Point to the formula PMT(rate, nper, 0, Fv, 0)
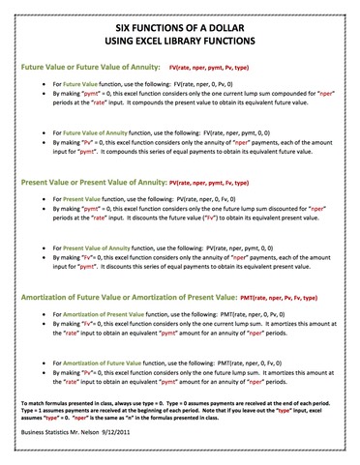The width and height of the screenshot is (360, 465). (x=250, y=362)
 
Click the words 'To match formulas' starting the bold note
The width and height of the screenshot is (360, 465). (x=45, y=398)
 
